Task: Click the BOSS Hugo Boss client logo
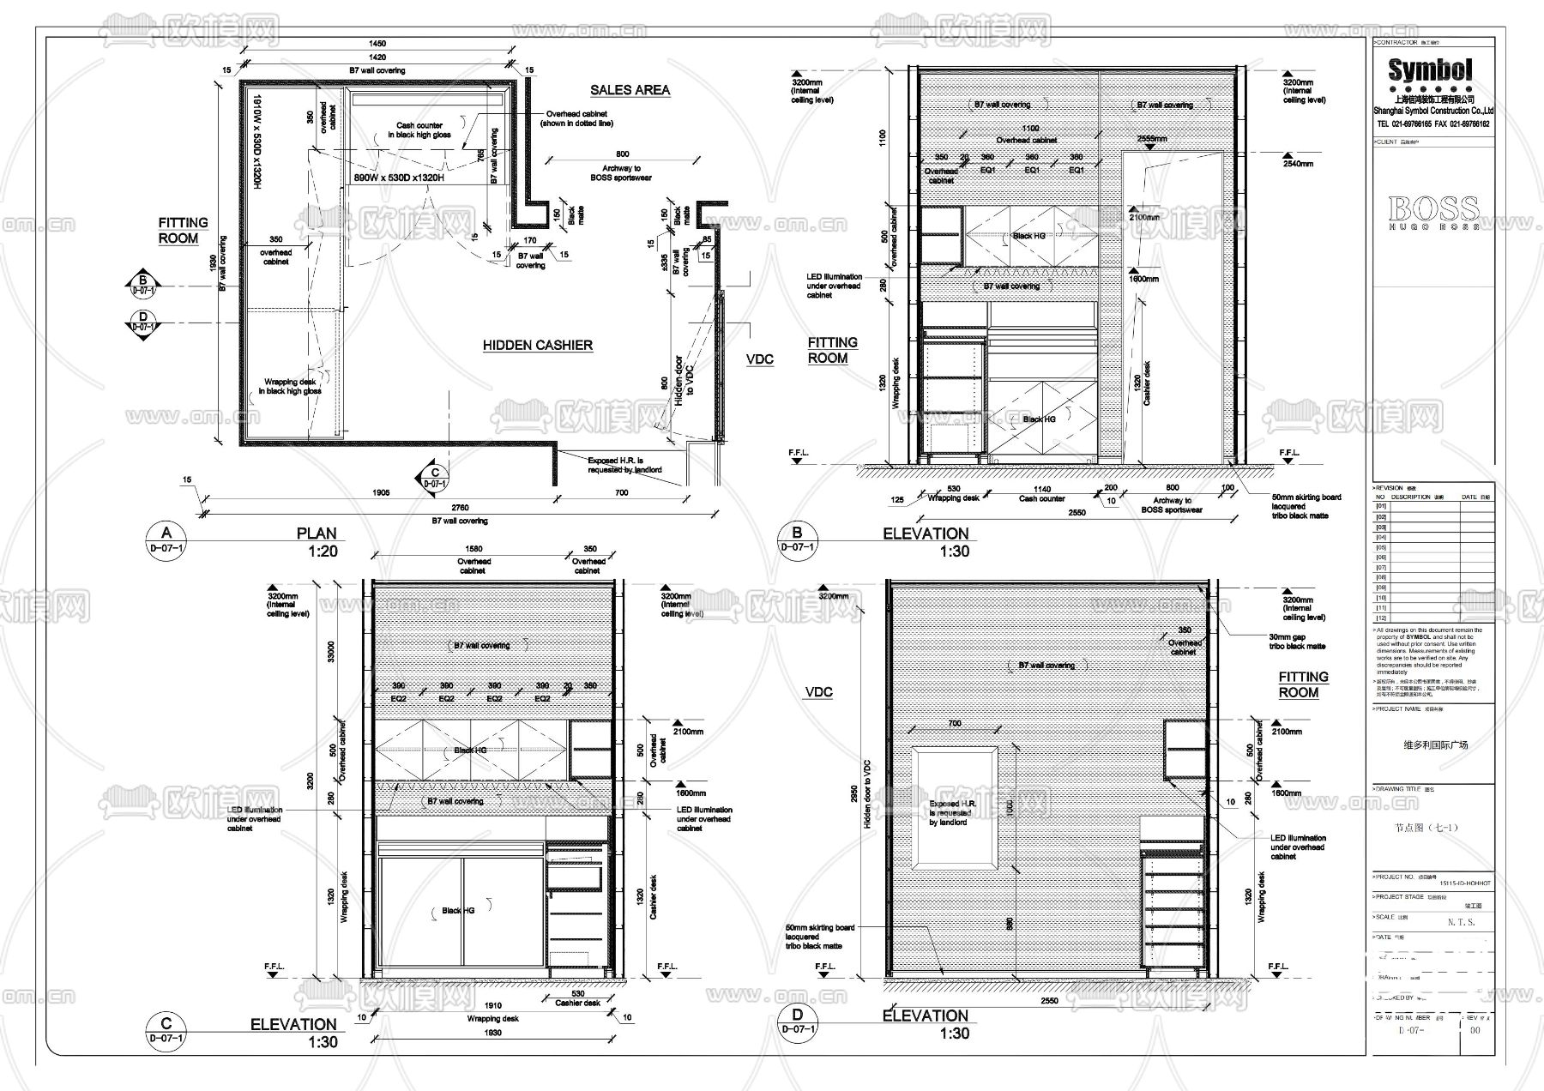coord(1433,210)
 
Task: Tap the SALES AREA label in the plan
coord(630,90)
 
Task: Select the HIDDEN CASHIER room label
coord(537,345)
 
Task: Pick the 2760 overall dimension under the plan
coord(460,508)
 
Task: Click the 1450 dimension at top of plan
coord(377,43)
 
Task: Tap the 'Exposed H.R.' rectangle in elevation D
coord(954,808)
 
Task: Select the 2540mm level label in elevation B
coord(1298,163)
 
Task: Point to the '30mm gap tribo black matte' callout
coord(1297,642)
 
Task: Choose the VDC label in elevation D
coord(818,692)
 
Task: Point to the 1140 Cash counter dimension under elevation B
coord(1042,489)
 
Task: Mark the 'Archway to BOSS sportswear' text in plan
coord(621,173)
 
